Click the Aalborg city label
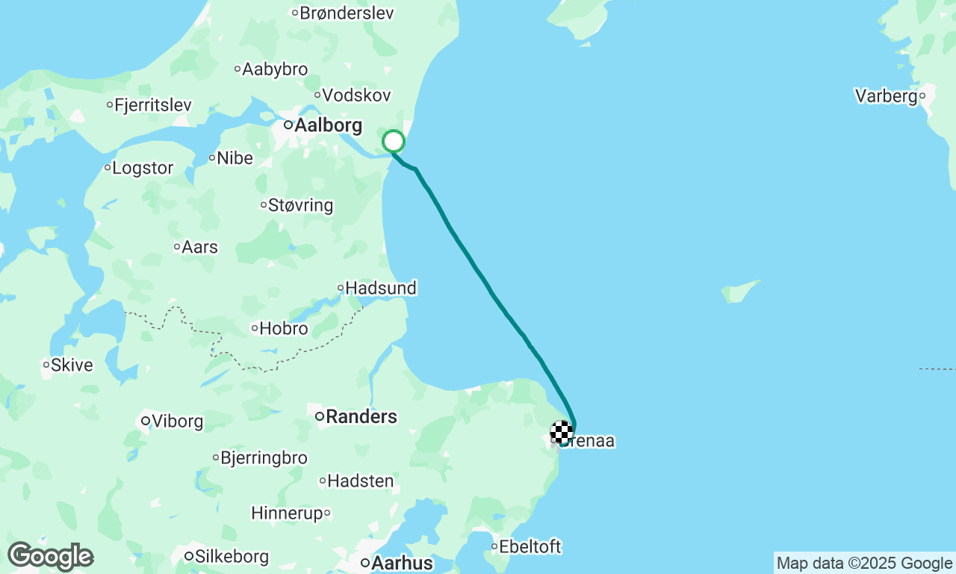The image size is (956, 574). [328, 126]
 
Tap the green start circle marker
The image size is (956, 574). [394, 141]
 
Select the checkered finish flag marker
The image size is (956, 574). [562, 432]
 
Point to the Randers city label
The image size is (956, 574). [361, 416]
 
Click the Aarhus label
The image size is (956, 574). [402, 563]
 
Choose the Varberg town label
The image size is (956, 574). [886, 96]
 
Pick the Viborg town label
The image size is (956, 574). [177, 422]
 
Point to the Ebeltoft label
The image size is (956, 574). [530, 547]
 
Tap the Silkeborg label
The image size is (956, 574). [232, 557]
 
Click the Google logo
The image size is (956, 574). [51, 557]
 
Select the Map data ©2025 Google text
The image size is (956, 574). [864, 564]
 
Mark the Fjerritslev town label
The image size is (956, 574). [153, 105]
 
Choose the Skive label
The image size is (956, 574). [72, 365]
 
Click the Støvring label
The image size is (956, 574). [300, 205]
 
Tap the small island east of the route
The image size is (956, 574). [740, 291]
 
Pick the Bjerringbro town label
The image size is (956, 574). [264, 458]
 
